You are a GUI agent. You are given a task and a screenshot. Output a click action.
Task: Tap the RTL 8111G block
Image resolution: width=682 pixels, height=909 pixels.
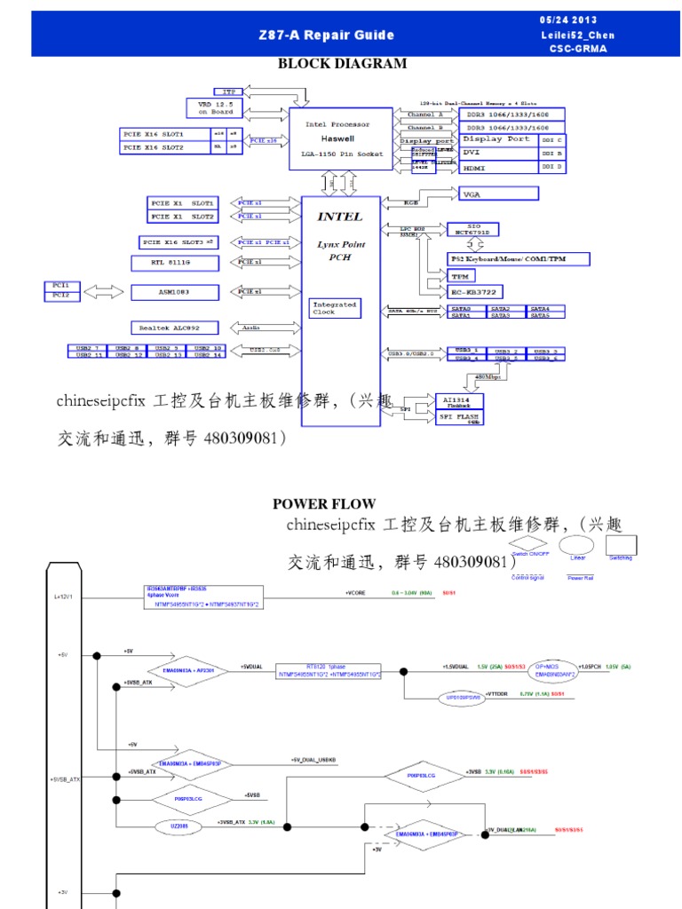174,262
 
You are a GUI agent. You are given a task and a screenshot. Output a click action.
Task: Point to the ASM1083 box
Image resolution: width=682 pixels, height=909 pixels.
174,291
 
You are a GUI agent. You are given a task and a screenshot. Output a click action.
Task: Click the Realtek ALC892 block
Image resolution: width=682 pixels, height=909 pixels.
174,328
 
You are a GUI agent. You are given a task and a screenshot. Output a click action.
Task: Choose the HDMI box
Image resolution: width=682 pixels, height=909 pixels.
495,166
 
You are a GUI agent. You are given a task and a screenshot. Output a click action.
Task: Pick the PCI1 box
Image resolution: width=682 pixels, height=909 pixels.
61,286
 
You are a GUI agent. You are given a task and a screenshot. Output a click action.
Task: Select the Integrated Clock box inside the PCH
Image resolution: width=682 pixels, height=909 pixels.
334,308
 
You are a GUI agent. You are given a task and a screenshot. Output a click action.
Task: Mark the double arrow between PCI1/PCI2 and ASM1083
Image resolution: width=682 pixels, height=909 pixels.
105,290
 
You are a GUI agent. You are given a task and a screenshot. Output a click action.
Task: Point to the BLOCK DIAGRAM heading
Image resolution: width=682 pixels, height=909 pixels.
342,64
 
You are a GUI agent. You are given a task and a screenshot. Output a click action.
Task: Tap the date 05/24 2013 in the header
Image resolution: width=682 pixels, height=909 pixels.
568,20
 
